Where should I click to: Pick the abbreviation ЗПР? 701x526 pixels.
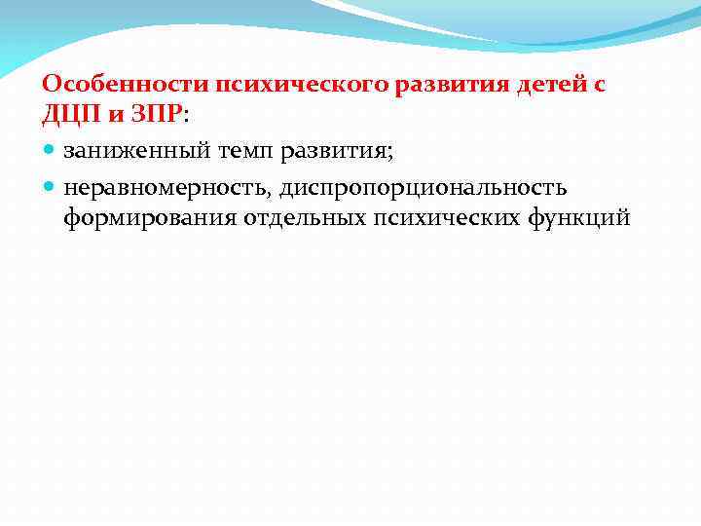(154, 114)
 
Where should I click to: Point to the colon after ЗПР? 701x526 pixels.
(185, 116)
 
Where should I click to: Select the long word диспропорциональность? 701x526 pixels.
(422, 186)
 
